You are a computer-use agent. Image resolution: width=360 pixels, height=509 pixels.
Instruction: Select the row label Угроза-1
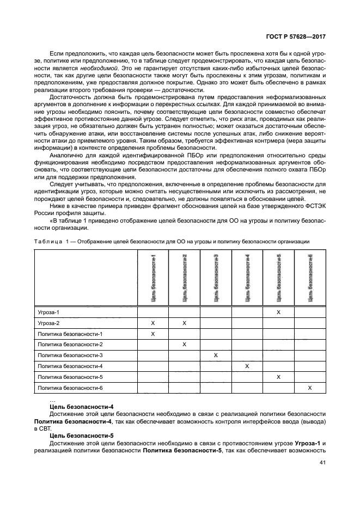(x=48, y=312)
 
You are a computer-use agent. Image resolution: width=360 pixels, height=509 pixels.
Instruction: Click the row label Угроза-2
(x=48, y=323)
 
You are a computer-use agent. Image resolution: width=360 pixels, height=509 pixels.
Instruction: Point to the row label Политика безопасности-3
(x=70, y=355)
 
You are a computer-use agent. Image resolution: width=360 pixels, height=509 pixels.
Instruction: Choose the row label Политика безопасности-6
(x=70, y=388)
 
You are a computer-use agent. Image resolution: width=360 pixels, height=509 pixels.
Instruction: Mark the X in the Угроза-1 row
(x=278, y=312)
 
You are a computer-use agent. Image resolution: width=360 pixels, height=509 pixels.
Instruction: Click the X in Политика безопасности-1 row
(x=152, y=334)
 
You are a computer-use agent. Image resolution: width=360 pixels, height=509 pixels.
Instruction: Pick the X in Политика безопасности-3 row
(x=216, y=355)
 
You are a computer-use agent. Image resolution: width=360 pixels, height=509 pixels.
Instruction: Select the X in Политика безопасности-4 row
(x=247, y=366)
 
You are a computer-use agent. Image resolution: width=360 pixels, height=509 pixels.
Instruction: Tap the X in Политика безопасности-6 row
(x=310, y=388)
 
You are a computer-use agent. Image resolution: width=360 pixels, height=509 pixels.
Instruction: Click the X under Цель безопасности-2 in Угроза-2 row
(x=184, y=323)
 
